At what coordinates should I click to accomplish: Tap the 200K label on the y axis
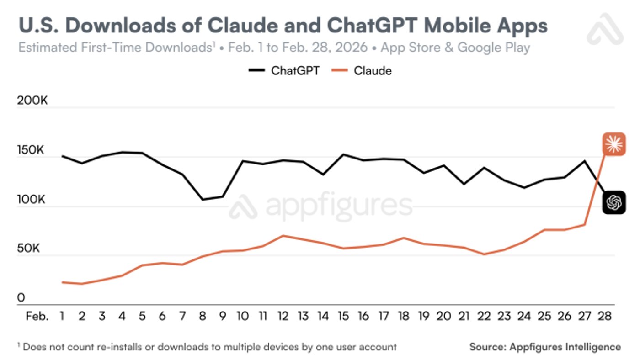click(x=32, y=101)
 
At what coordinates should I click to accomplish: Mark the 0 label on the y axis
click(x=21, y=298)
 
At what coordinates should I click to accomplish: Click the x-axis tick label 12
click(x=283, y=316)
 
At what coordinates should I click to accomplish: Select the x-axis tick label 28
click(x=604, y=316)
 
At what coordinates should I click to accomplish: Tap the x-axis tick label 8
click(x=203, y=316)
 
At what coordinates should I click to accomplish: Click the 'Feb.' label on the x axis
click(x=37, y=316)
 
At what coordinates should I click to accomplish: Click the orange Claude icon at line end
click(x=613, y=145)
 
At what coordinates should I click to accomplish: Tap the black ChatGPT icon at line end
click(x=613, y=202)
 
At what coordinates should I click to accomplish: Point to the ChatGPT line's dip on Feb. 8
click(x=203, y=199)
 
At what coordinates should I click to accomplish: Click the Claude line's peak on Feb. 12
click(x=283, y=236)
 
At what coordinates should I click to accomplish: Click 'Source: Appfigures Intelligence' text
click(x=545, y=347)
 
